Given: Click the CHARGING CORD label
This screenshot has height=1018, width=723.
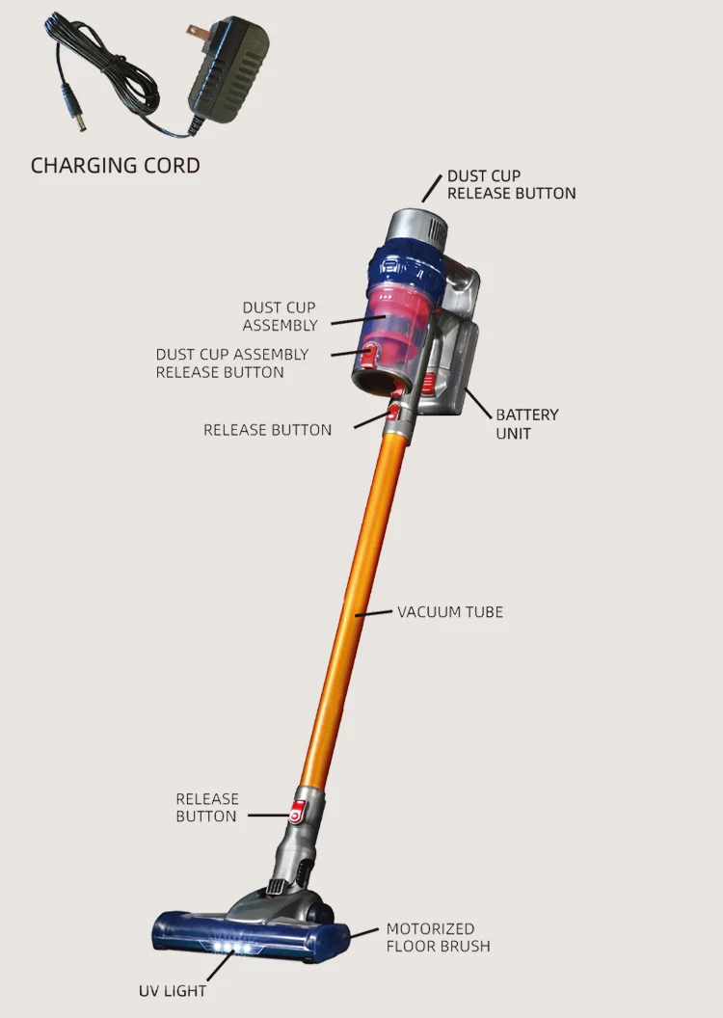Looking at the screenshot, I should [x=115, y=165].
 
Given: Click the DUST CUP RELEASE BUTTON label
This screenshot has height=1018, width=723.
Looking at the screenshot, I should [x=511, y=184].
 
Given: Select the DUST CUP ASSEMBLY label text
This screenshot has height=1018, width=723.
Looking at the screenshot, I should [x=280, y=316].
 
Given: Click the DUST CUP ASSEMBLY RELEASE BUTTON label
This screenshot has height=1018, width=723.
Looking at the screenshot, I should [x=232, y=363].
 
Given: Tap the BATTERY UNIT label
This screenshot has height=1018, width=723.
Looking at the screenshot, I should [x=527, y=424].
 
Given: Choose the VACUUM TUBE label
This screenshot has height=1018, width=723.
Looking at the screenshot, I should [x=450, y=611].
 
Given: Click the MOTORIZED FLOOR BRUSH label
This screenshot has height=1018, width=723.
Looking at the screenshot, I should [x=438, y=937].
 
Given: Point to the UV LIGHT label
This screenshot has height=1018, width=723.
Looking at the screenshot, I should [x=173, y=990].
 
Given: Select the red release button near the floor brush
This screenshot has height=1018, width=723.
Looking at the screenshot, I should [x=299, y=807].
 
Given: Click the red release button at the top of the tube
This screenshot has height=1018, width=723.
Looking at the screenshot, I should [x=394, y=413].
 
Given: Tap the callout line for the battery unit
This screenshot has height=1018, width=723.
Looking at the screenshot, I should [x=479, y=401].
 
